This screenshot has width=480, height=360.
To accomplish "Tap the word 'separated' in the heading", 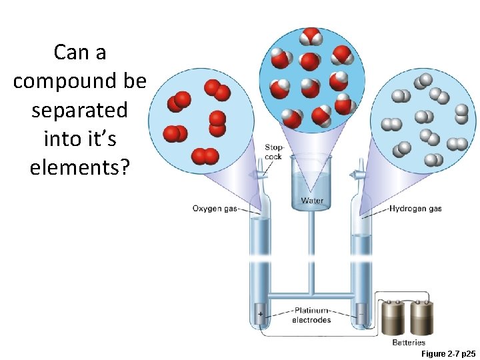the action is pyautogui.click(x=79, y=110).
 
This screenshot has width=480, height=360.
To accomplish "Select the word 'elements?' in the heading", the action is pyautogui.click(x=79, y=167).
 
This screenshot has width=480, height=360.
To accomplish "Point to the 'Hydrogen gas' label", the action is pyautogui.click(x=415, y=209).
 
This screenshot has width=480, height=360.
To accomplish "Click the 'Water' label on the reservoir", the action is pyautogui.click(x=311, y=201).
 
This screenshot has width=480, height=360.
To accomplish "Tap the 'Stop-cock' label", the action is pyautogui.click(x=274, y=152).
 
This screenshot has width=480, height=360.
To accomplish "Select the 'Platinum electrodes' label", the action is pyautogui.click(x=311, y=315).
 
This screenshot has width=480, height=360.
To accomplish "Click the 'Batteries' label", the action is pyautogui.click(x=408, y=342).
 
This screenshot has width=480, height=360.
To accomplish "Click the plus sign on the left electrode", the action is pyautogui.click(x=260, y=313).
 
